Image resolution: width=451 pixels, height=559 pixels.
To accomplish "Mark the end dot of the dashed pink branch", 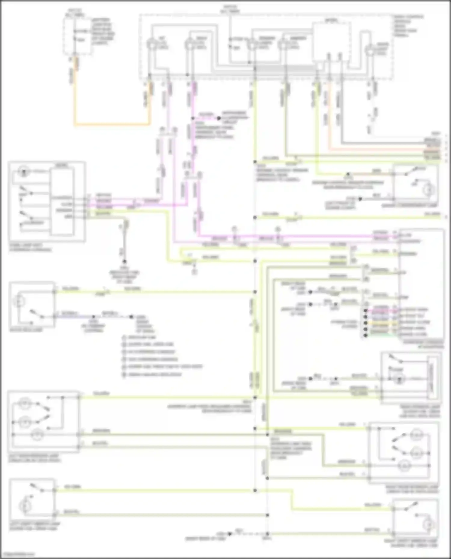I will click(219, 118).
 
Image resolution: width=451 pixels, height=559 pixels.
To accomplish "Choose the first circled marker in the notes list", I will click(124, 337).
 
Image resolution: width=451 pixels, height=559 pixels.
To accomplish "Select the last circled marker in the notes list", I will click(124, 375).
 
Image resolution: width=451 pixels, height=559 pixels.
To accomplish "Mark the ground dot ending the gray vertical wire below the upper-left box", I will click(124, 262).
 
